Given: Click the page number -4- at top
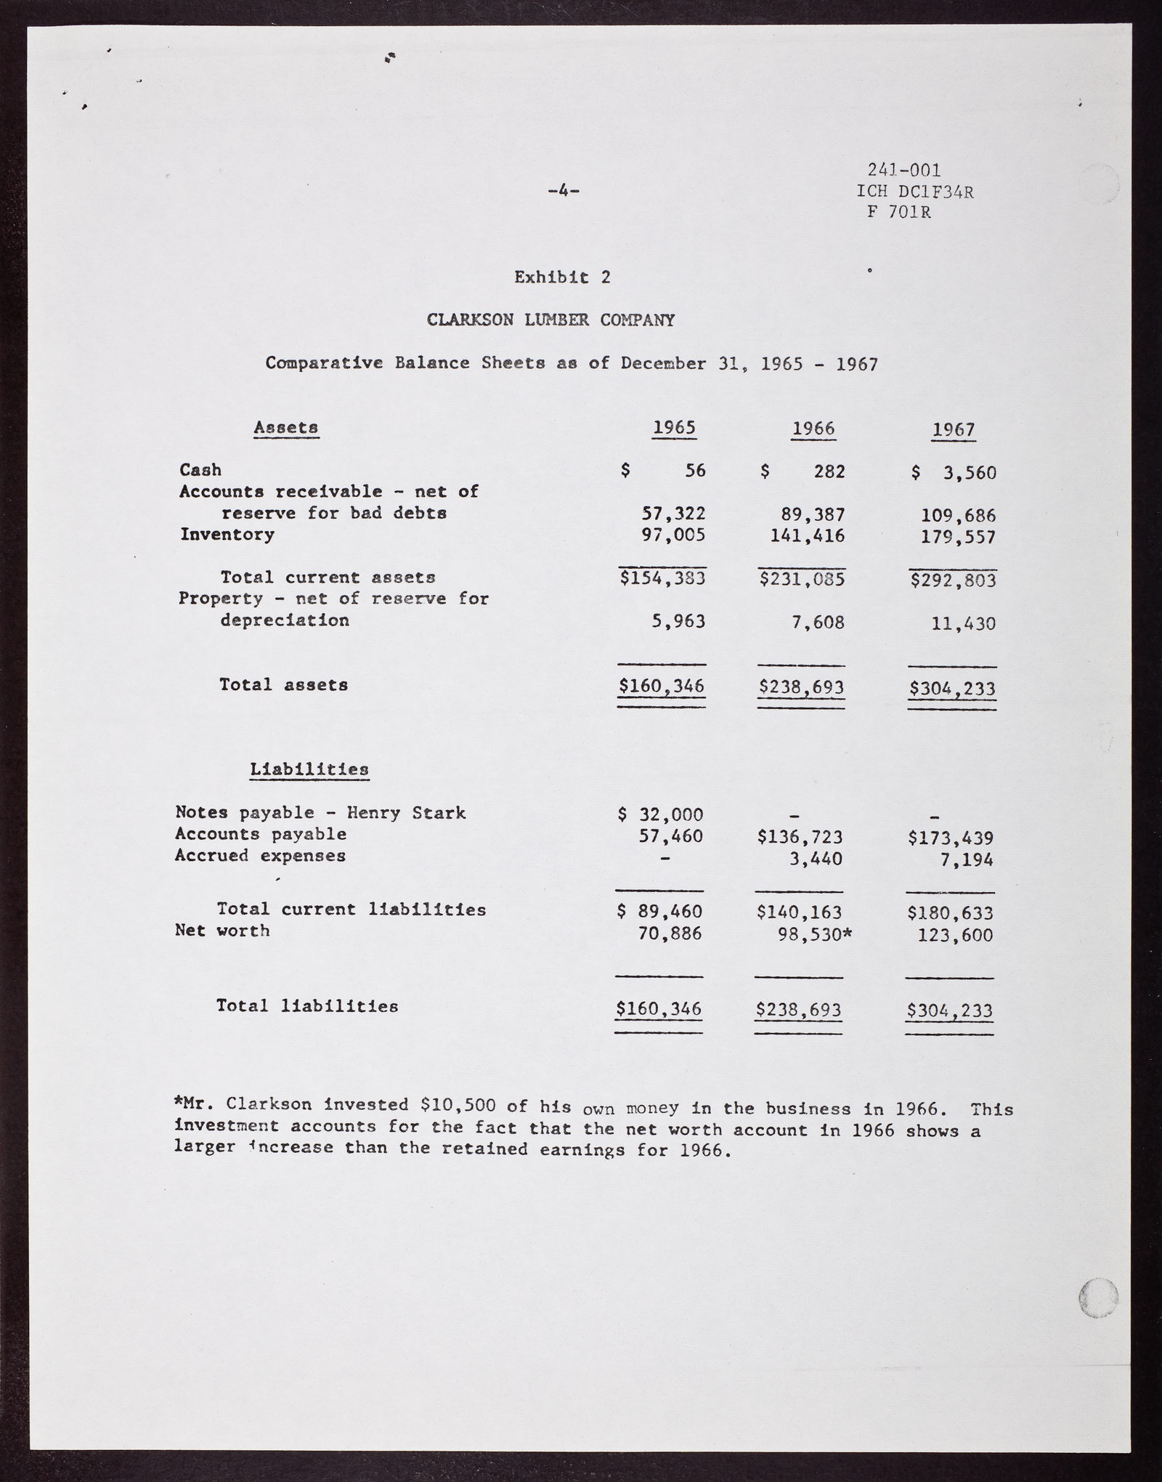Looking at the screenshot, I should [563, 192].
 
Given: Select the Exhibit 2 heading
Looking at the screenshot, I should [563, 277].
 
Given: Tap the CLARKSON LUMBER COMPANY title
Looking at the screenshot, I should [550, 320].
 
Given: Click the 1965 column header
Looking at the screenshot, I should [674, 428].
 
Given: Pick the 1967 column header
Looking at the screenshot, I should [954, 430].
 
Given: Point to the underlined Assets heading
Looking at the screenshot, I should [285, 428].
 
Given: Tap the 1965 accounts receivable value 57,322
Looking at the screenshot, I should [673, 514].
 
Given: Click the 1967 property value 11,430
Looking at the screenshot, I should [963, 623].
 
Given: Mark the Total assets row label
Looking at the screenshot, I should [283, 684].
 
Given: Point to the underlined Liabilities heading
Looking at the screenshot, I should [309, 769].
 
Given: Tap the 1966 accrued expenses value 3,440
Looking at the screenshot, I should [815, 859].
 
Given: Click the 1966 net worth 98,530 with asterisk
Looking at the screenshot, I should [813, 934].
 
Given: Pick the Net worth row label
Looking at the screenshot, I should [222, 931].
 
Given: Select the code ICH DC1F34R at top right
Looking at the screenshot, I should [915, 192].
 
